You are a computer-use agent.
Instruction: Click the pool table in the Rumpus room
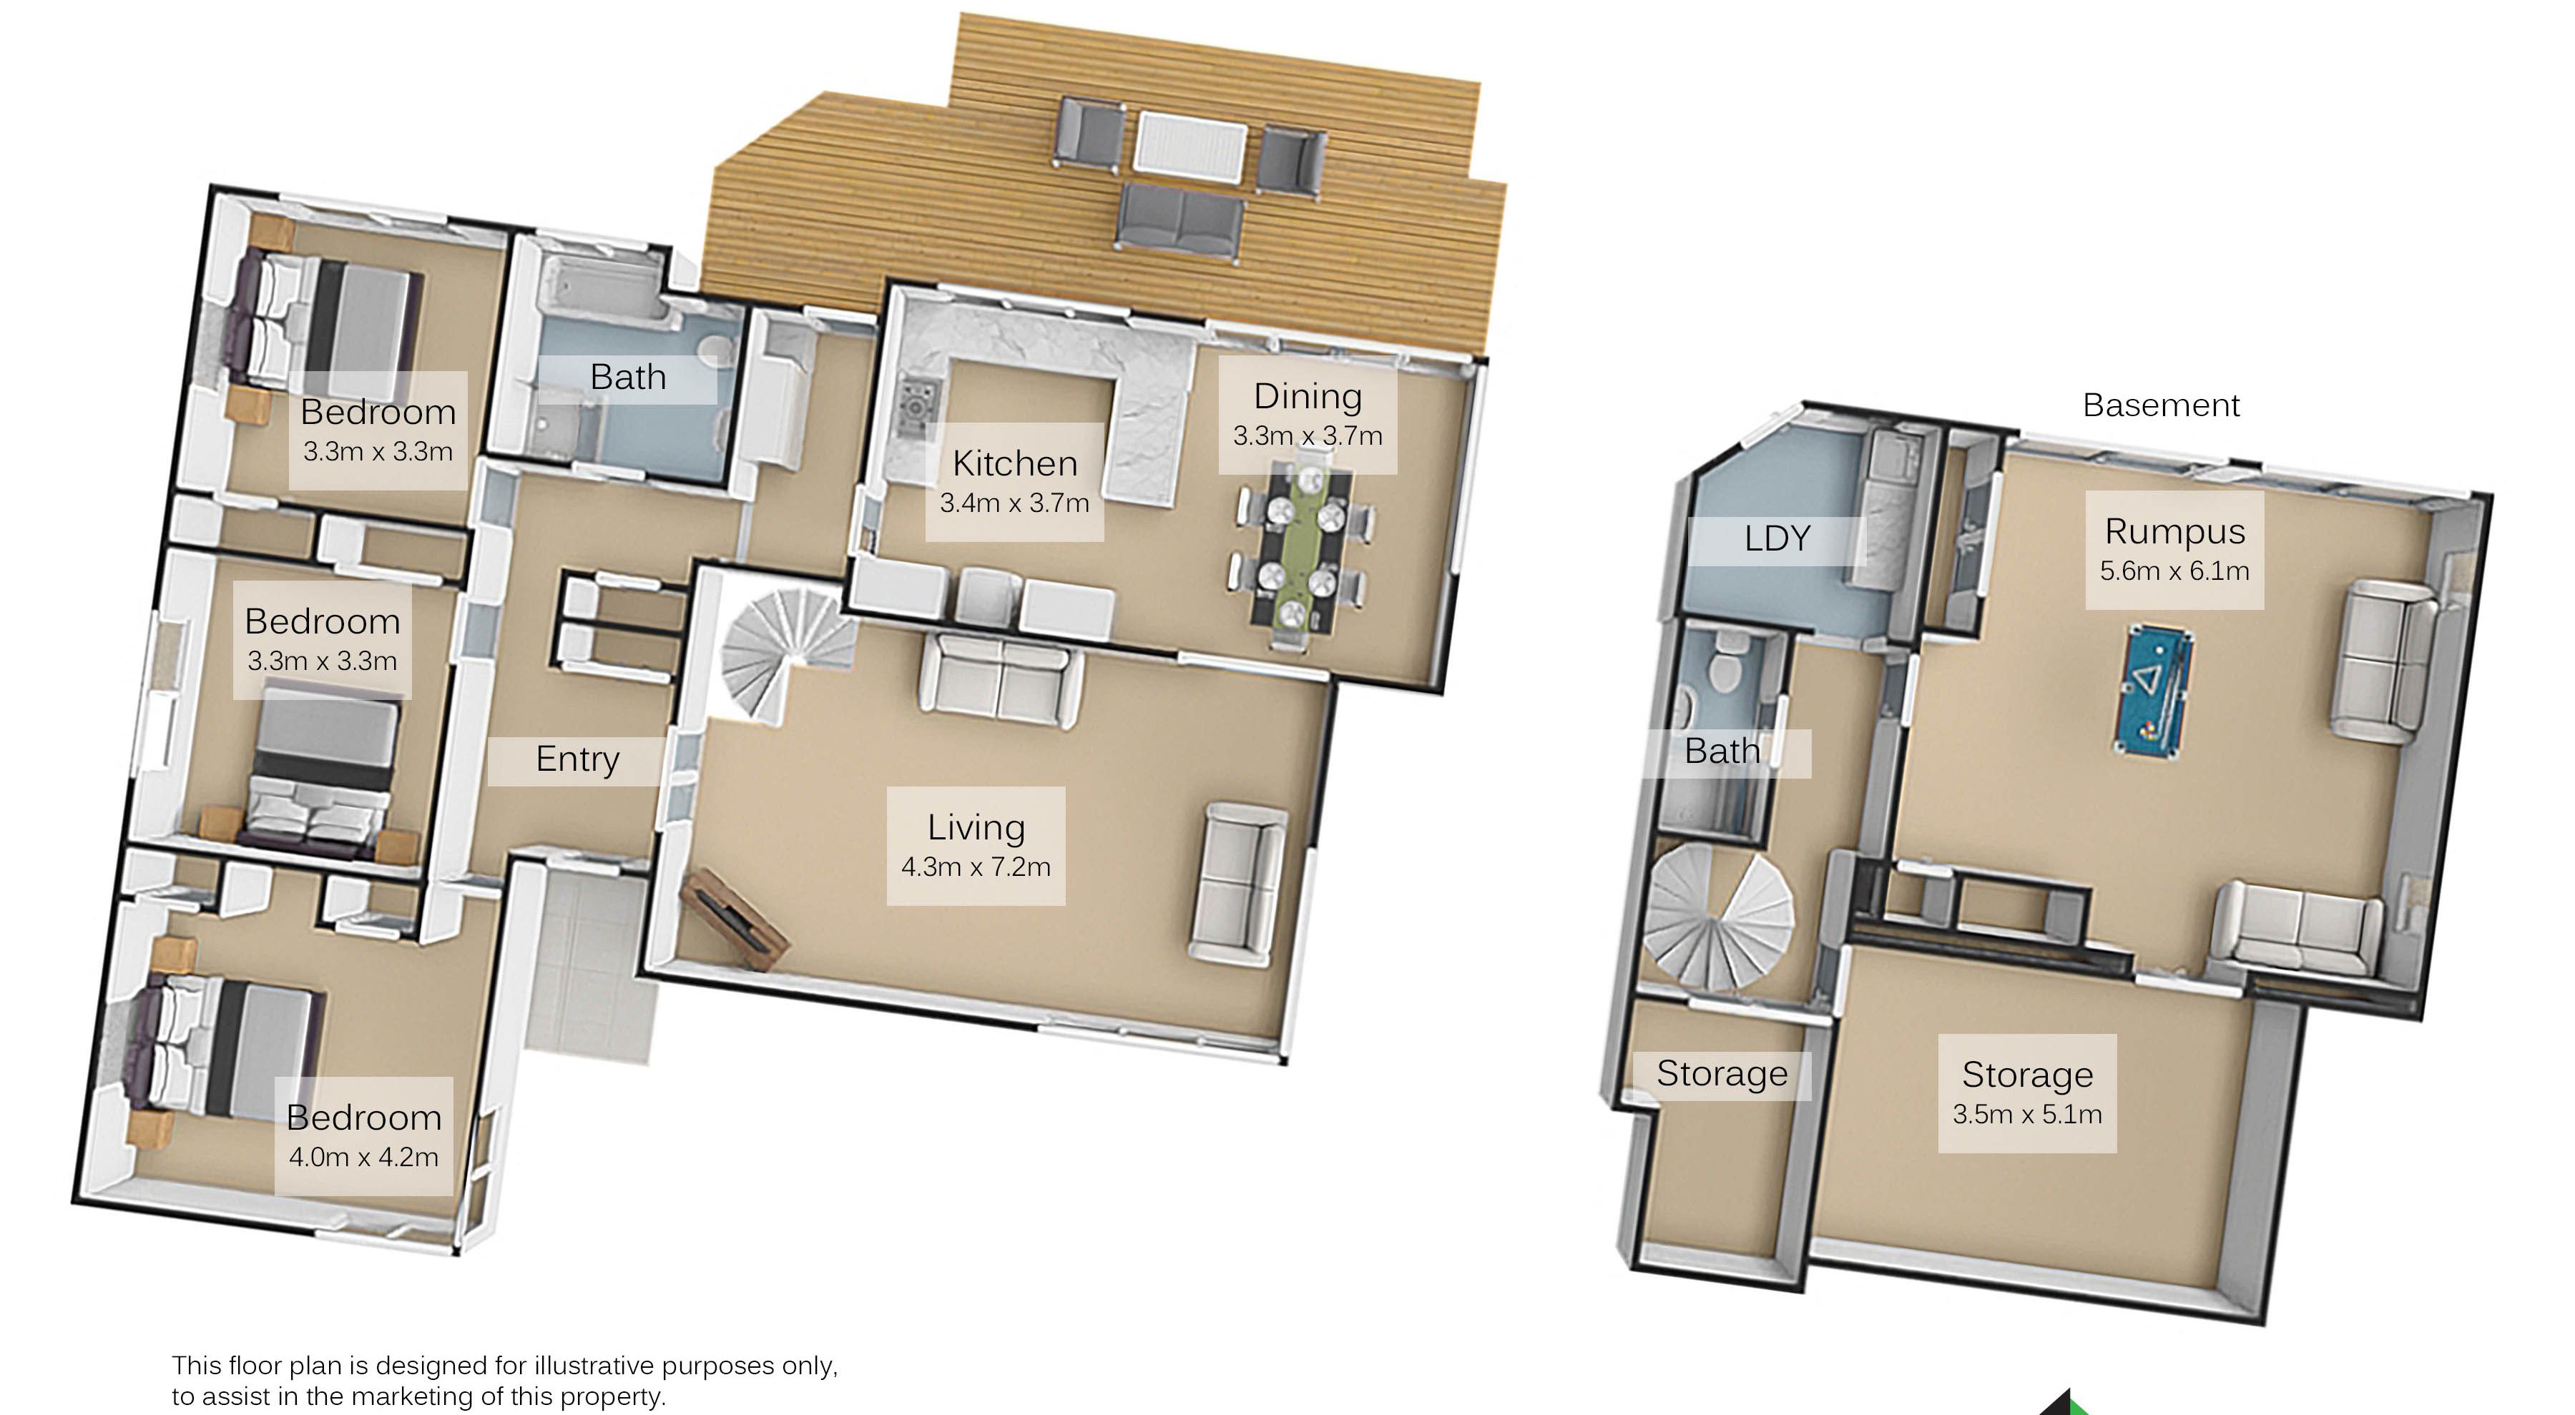click(x=2154, y=691)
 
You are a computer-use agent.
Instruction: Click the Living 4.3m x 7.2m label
click(x=976, y=845)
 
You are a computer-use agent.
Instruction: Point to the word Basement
click(x=2161, y=405)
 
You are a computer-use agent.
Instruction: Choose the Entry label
click(x=577, y=759)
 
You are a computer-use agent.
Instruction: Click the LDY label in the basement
click(x=1776, y=540)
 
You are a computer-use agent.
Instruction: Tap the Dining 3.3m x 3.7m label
click(x=1308, y=415)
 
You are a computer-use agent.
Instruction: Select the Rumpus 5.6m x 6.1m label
click(x=2174, y=550)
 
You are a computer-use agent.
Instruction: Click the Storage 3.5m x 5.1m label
click(x=2027, y=1093)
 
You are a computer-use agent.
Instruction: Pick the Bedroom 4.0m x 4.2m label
click(x=364, y=1136)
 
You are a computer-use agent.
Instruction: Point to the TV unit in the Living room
click(x=735, y=919)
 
